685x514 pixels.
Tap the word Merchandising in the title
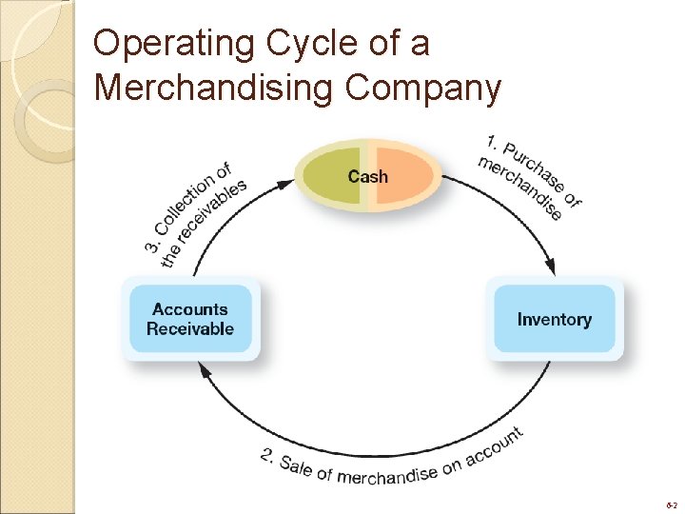[x=214, y=88]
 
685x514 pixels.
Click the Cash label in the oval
[x=367, y=176]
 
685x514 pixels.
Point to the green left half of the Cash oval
[x=328, y=177]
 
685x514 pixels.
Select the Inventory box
[x=555, y=319]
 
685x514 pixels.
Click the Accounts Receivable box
[x=190, y=319]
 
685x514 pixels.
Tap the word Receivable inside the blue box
[x=190, y=329]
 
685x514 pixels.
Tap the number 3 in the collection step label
[x=152, y=246]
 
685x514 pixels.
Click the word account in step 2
[x=494, y=446]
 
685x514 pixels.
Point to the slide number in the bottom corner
[x=672, y=503]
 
